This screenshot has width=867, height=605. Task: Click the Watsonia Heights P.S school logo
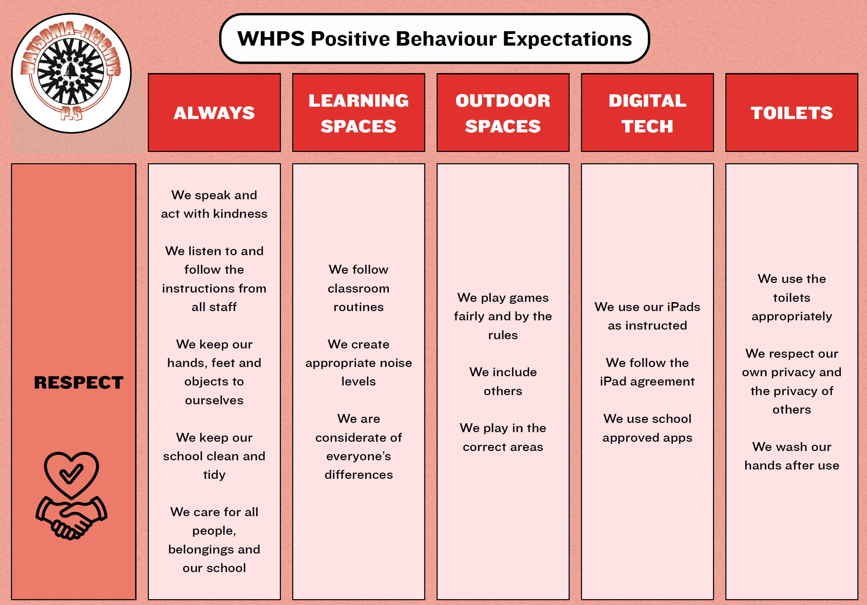[x=71, y=73]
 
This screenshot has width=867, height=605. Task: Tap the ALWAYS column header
[x=214, y=112]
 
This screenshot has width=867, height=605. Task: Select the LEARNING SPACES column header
[x=358, y=112]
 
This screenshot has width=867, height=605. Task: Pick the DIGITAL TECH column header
[x=647, y=112]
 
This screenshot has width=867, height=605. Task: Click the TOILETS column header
[x=792, y=112]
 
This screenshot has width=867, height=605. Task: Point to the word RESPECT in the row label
[x=79, y=382]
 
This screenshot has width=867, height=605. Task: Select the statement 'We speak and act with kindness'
[x=214, y=204]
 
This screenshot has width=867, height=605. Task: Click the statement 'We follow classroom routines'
[x=358, y=288]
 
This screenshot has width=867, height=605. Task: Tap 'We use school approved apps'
[x=647, y=428]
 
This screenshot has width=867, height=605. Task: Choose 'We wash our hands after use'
[x=792, y=456]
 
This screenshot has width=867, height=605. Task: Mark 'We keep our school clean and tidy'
[x=214, y=456]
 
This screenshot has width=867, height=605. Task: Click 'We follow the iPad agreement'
[x=647, y=372]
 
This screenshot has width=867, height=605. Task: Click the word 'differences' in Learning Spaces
[x=358, y=475]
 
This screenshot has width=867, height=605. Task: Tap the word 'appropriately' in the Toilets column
[x=792, y=317]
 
